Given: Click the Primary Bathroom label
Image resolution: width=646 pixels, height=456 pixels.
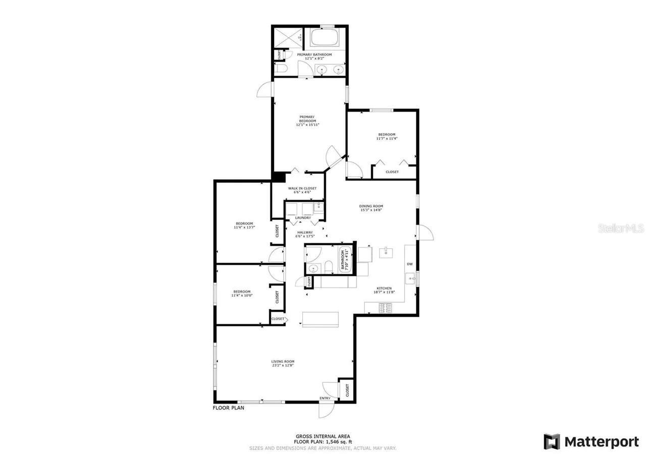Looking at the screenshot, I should point(314,54).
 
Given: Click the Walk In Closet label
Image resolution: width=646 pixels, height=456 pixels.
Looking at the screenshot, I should point(302,188).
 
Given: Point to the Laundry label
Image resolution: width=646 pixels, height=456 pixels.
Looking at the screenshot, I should point(303,218).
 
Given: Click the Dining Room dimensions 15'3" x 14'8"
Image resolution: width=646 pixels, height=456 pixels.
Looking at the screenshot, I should point(371,210).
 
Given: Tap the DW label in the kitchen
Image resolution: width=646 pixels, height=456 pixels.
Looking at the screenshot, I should point(410,264).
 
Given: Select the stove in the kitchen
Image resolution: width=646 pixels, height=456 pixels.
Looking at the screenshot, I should point(386,307).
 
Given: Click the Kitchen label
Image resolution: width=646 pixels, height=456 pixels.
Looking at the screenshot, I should point(384,289).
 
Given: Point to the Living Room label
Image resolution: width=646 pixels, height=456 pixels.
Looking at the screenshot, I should point(283,362).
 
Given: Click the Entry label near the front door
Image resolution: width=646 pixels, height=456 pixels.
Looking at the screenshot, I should point(325,398).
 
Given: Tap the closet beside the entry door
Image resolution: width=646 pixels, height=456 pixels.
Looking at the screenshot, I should point(347,389).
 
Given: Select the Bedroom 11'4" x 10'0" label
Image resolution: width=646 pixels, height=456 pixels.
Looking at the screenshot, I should point(242,291).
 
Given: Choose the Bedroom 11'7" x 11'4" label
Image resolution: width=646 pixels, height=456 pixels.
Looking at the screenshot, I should point(387,134).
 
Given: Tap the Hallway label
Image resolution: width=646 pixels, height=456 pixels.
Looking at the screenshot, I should point(305,233).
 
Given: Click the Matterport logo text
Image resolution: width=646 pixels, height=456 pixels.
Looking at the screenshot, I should point(601,442).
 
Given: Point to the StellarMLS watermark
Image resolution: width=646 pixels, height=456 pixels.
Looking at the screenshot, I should point(621,229).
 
